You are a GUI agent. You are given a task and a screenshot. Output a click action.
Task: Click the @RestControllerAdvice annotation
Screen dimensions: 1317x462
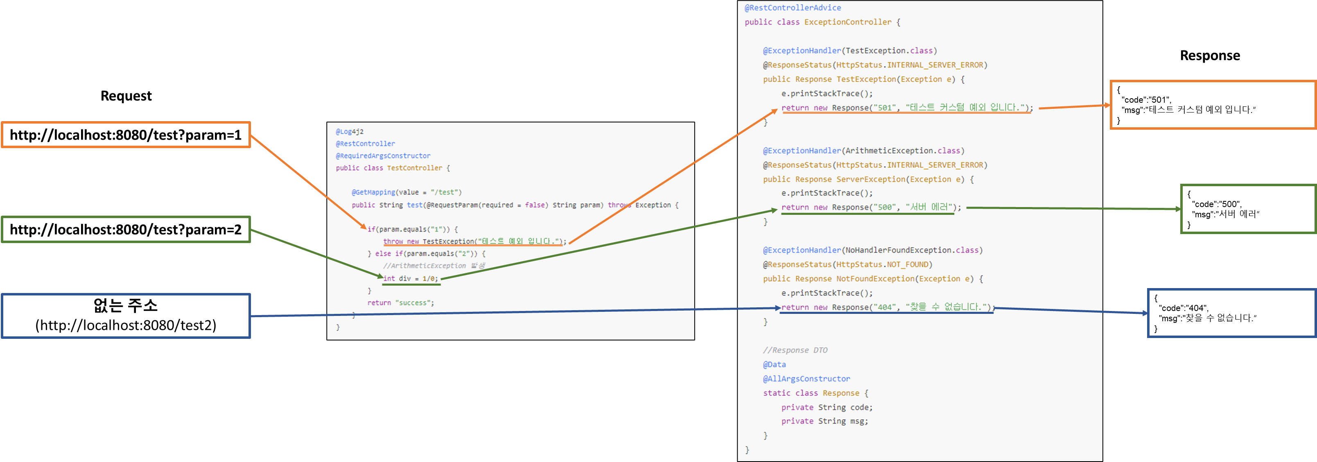(793, 8)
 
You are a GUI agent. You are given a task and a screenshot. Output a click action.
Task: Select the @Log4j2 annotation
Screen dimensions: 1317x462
(350, 131)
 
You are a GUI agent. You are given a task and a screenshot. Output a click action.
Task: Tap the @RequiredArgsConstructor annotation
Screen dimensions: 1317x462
(383, 156)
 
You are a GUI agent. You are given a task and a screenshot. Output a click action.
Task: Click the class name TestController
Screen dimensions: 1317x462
(414, 168)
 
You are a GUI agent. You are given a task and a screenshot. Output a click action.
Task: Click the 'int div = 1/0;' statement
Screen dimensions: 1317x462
(411, 279)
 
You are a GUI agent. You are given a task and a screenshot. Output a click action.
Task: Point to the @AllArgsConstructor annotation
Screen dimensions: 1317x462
(806, 379)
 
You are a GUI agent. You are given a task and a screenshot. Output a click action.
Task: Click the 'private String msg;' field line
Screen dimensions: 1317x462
(824, 421)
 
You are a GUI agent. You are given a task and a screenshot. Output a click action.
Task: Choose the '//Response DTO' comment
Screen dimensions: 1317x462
(795, 350)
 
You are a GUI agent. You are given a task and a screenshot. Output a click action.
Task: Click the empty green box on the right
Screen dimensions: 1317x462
(1248, 209)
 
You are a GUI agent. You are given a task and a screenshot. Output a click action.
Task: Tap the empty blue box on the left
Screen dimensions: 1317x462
(126, 316)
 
